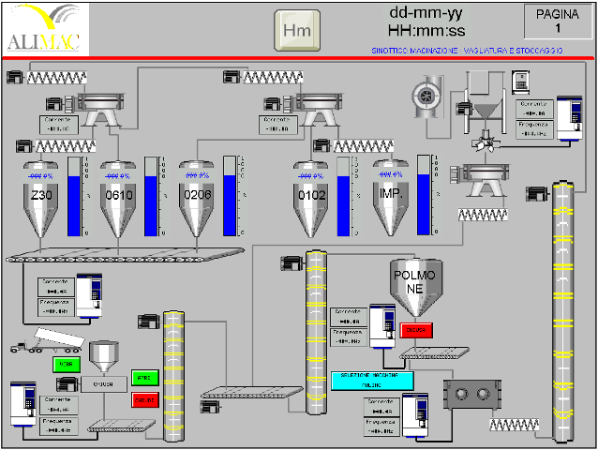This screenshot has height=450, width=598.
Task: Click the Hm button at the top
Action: coord(296,30)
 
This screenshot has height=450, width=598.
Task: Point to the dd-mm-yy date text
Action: coord(426,14)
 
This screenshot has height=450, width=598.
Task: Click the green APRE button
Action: coord(144,378)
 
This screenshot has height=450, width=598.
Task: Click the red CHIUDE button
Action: coord(144,399)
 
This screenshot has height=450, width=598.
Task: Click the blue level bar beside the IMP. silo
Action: coord(424,197)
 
